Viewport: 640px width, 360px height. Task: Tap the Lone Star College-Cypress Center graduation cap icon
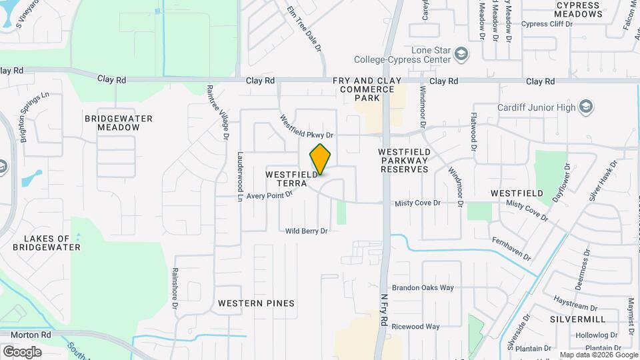(x=460, y=54)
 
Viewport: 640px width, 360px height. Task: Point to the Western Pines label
(x=256, y=303)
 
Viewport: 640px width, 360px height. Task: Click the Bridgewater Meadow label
(x=119, y=123)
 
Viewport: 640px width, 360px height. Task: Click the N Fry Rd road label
(x=384, y=311)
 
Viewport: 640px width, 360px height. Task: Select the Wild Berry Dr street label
(x=307, y=231)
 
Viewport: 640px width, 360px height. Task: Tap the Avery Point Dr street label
(x=270, y=195)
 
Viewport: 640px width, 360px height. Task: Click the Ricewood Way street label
(x=415, y=327)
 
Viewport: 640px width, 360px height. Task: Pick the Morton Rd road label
(x=26, y=334)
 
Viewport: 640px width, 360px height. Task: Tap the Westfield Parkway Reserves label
(x=403, y=161)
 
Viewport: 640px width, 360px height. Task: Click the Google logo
(x=23, y=351)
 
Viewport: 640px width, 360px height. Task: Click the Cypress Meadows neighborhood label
(x=578, y=9)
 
